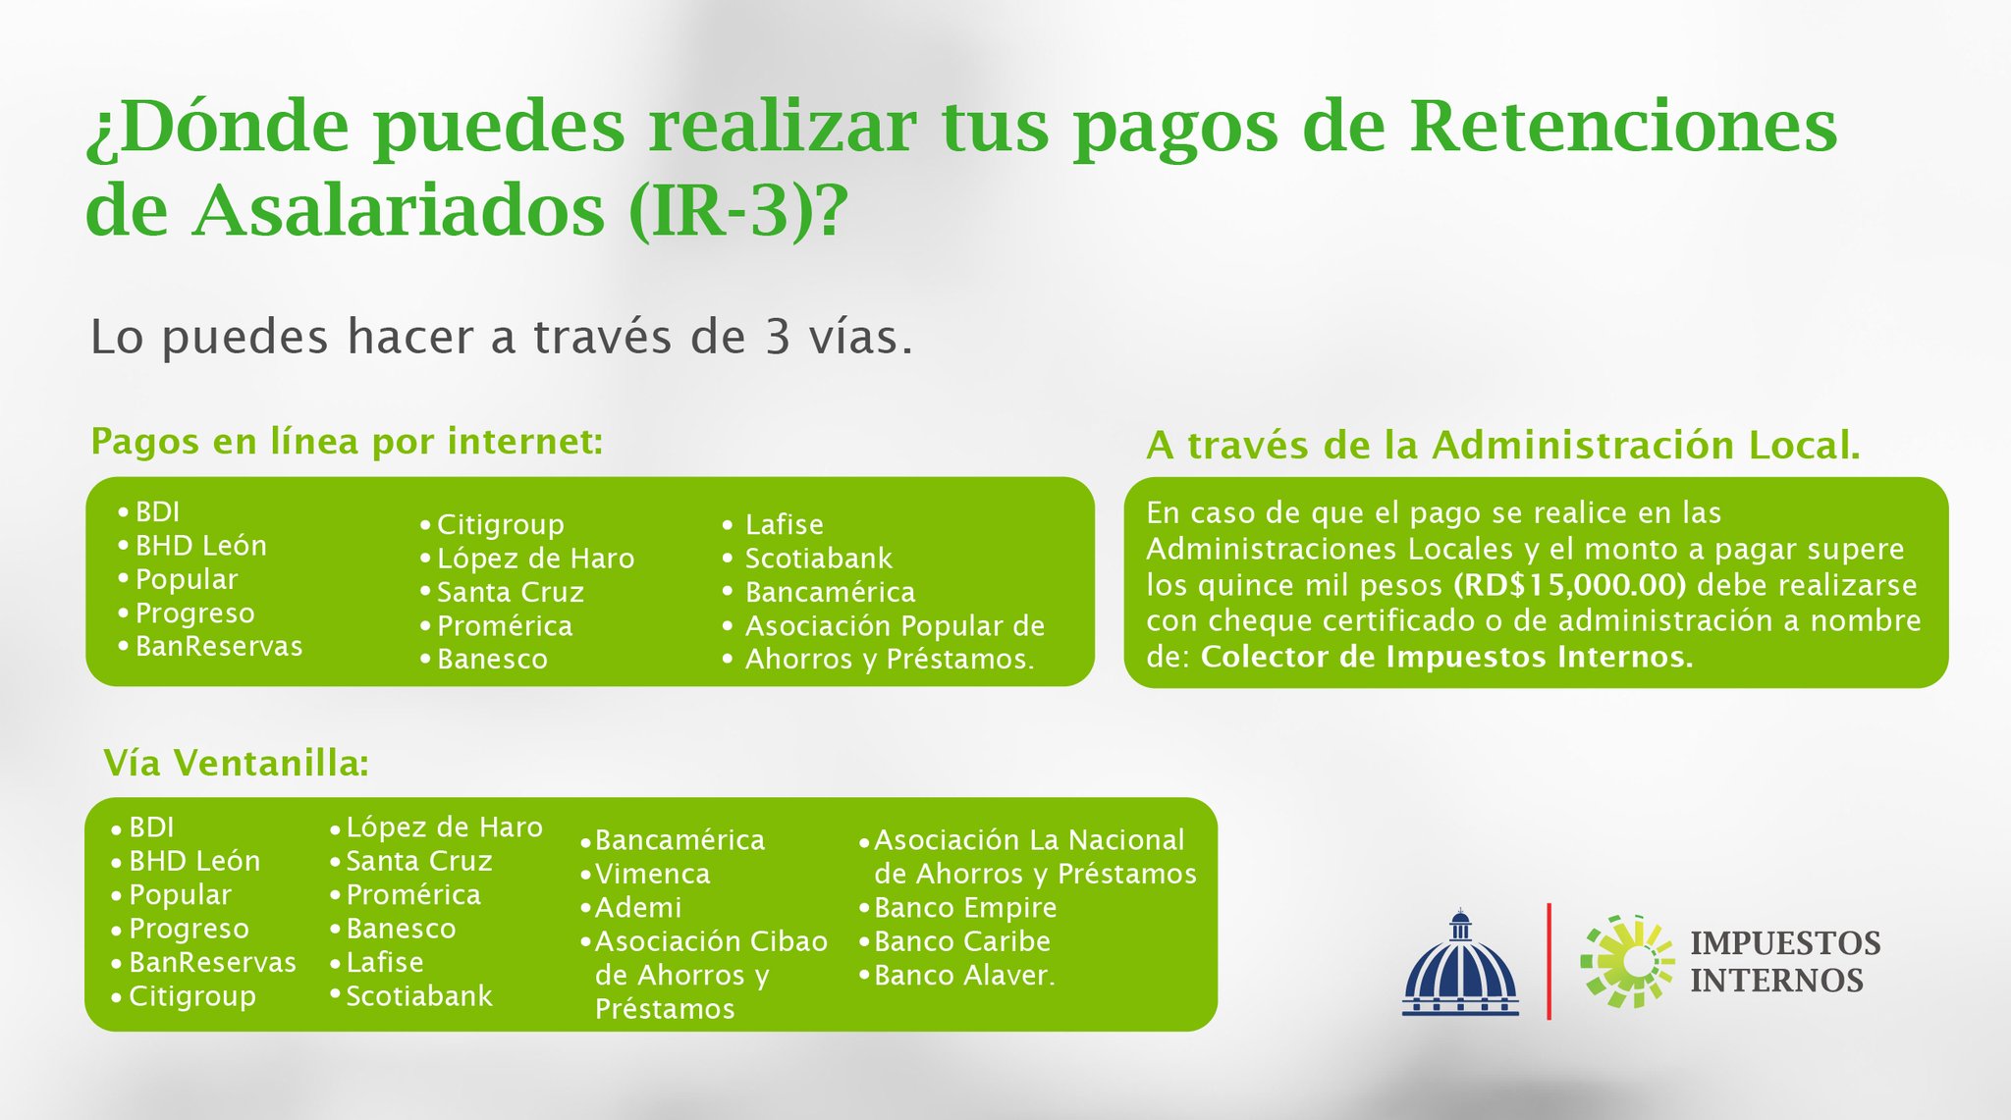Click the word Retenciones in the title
pyautogui.click(x=1622, y=128)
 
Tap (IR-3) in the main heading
pyautogui.click(x=722, y=210)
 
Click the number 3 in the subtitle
pyautogui.click(x=777, y=338)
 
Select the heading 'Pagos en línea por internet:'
pyautogui.click(x=347, y=442)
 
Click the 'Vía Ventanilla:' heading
pyautogui.click(x=237, y=763)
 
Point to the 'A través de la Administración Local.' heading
pyautogui.click(x=1502, y=446)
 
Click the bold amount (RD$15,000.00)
pyautogui.click(x=1569, y=585)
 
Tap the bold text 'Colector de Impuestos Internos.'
pyautogui.click(x=1446, y=657)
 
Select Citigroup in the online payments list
pyautogui.click(x=500, y=525)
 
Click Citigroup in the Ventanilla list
pyautogui.click(x=191, y=996)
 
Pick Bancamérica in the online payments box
pyautogui.click(x=830, y=593)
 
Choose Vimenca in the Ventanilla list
pyautogui.click(x=652, y=874)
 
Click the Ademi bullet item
pyautogui.click(x=637, y=908)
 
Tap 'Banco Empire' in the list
pyautogui.click(x=964, y=908)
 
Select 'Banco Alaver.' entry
pyautogui.click(x=964, y=976)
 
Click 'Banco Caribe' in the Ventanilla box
pyautogui.click(x=961, y=941)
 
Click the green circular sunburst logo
pyautogui.click(x=1626, y=962)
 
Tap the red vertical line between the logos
pyautogui.click(x=1549, y=962)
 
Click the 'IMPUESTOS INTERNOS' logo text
pyautogui.click(x=1784, y=962)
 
